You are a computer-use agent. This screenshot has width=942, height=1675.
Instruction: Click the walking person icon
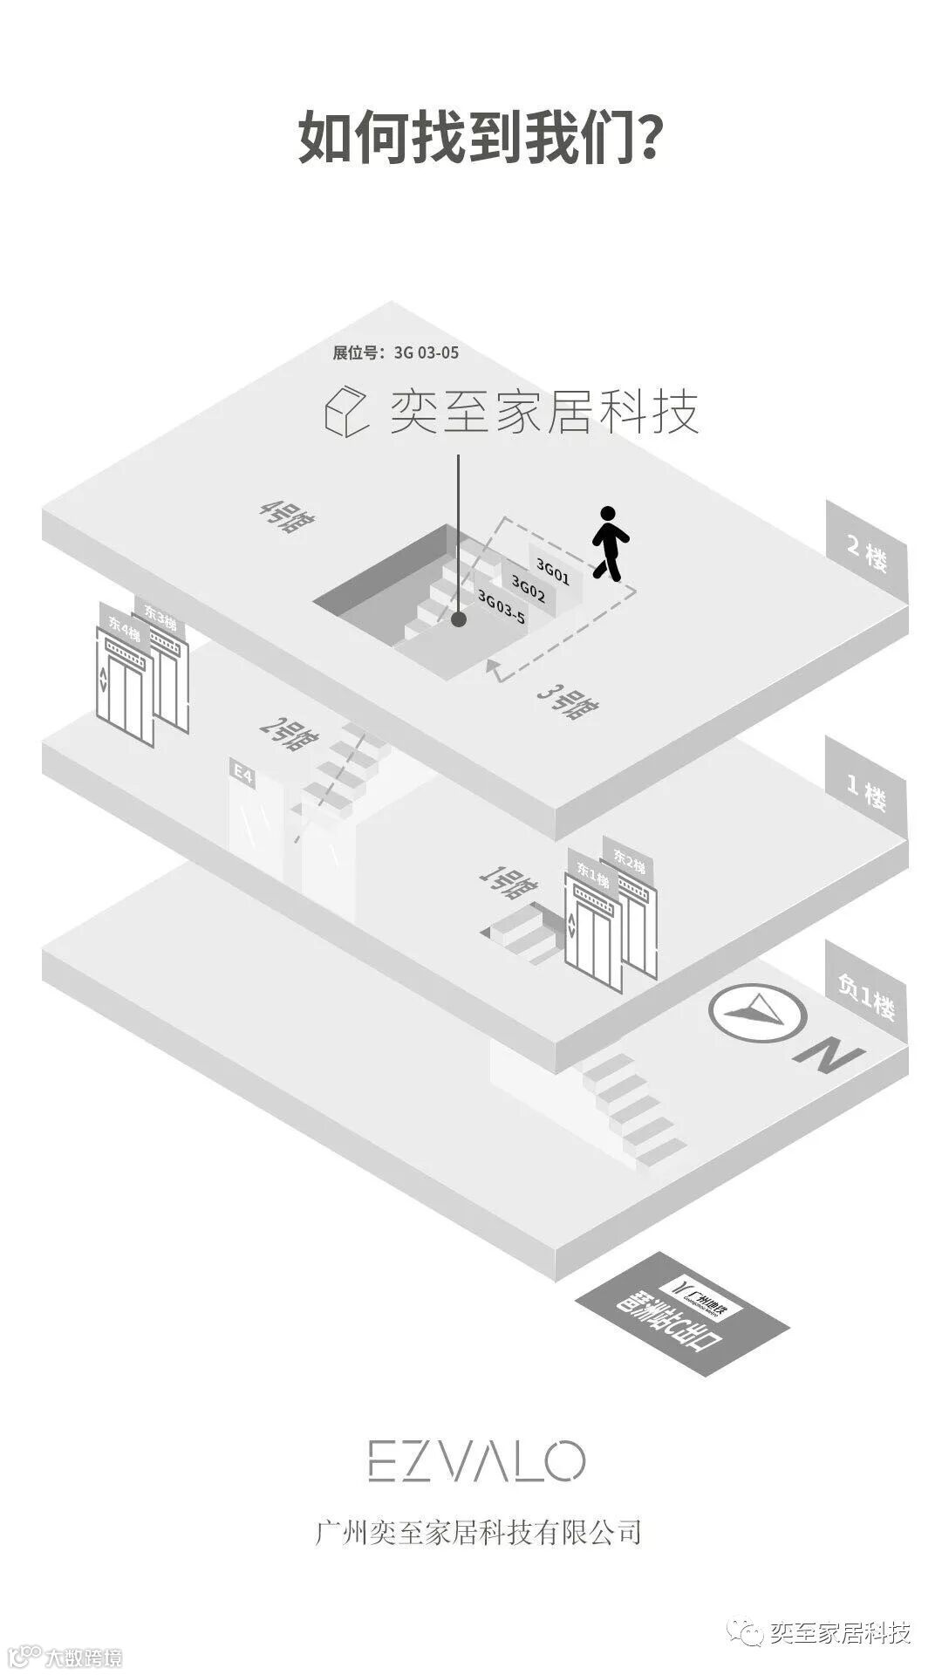pyautogui.click(x=611, y=544)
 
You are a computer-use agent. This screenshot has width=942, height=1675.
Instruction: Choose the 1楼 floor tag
pyautogui.click(x=867, y=790)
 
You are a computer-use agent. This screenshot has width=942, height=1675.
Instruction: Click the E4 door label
pyautogui.click(x=242, y=773)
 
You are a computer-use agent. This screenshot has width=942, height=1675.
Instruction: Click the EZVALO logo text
pyautogui.click(x=475, y=1461)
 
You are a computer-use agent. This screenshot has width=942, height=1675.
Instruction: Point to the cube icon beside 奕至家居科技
pyautogui.click(x=346, y=411)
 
